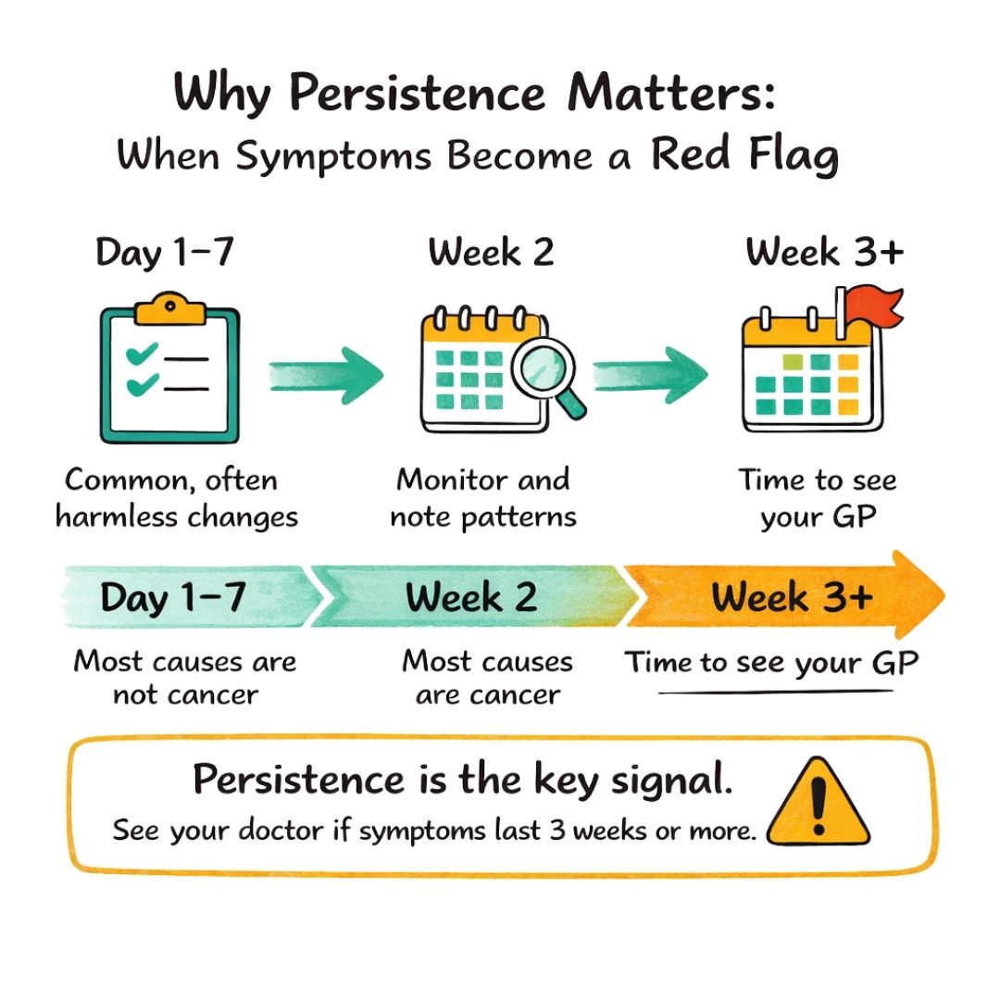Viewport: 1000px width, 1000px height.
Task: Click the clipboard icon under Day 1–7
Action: [169, 368]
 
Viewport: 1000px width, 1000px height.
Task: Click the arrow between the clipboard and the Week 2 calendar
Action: [326, 376]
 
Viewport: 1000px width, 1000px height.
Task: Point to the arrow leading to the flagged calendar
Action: [650, 375]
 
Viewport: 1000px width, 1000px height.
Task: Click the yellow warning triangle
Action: [819, 802]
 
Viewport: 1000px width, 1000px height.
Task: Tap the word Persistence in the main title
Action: [417, 94]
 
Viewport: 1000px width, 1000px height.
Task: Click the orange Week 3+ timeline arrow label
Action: [792, 597]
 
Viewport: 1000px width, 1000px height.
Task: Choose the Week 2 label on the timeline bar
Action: [471, 597]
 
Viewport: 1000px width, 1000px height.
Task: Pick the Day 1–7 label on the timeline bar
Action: [173, 597]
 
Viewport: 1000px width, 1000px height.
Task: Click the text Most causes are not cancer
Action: [185, 677]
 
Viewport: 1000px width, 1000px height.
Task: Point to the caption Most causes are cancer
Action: [488, 677]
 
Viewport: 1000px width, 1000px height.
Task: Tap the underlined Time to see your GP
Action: [771, 663]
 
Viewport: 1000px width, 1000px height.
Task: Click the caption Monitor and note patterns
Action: [482, 498]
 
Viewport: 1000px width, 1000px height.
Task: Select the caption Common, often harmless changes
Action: [177, 498]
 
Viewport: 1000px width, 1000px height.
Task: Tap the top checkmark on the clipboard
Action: [142, 354]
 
